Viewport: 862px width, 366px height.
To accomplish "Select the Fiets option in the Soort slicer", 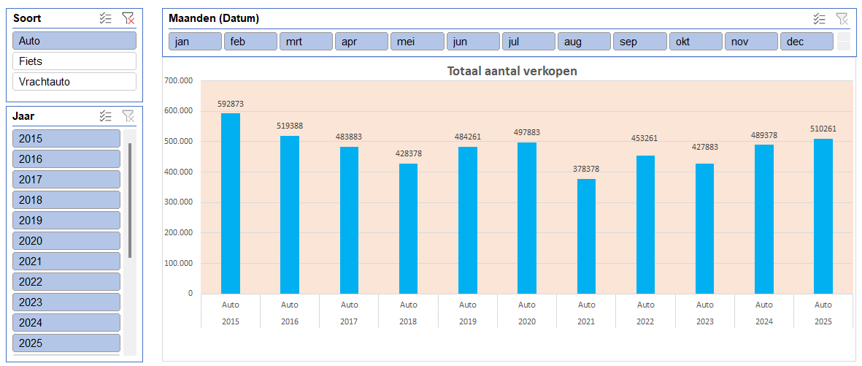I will point(74,61).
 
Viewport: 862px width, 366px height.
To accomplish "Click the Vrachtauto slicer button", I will point(74,82).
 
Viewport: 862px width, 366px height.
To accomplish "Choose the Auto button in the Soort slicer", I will point(74,41).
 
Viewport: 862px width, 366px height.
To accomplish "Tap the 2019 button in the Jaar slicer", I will point(66,221).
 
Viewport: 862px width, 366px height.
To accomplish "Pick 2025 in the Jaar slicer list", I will point(66,343).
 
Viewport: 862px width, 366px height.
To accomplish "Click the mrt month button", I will point(306,42).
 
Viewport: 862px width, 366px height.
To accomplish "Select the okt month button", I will point(696,42).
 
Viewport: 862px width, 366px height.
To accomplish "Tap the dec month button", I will point(807,42).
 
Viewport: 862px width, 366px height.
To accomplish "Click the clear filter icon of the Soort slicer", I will point(128,19).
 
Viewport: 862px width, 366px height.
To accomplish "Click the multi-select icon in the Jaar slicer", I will point(106,116).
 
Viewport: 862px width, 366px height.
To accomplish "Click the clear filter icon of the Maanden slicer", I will point(842,19).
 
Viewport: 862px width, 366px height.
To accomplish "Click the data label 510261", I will point(823,129).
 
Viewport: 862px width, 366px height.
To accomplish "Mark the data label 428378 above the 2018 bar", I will point(409,153).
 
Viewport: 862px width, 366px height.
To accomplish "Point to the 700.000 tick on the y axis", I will point(179,80).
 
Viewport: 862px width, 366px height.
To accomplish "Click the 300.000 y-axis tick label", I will point(179,202).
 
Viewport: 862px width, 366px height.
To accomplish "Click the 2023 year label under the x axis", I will point(704,321).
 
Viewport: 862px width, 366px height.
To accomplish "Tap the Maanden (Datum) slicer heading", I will point(214,19).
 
